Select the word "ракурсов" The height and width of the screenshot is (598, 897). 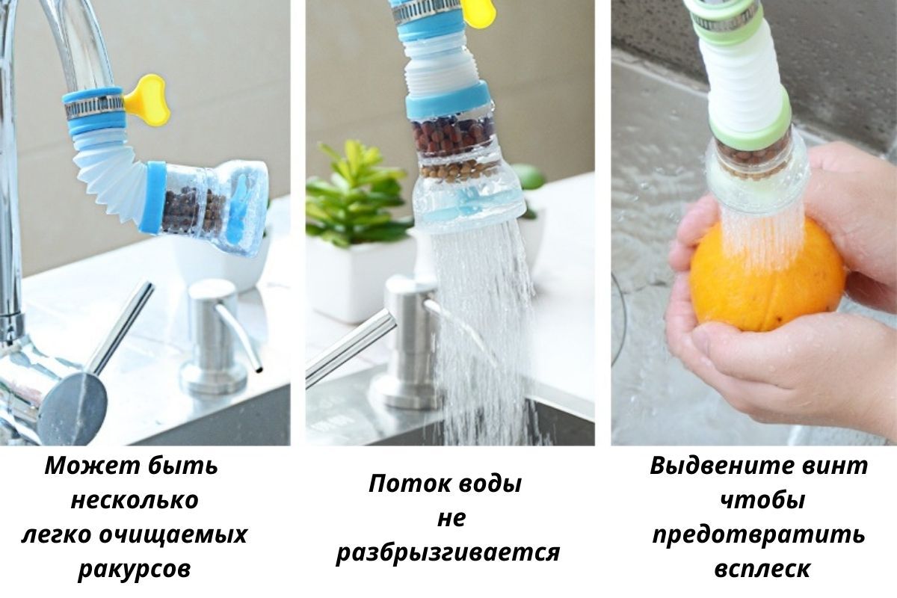[x=134, y=569]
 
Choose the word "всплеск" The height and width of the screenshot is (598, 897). [x=762, y=569]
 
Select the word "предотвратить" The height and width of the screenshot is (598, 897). [x=759, y=535]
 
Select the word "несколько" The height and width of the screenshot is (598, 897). [x=135, y=501]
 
